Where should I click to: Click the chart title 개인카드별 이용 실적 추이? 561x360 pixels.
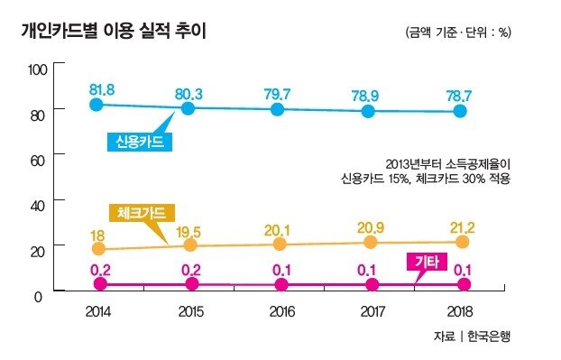click(x=114, y=31)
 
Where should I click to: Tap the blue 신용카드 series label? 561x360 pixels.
click(x=140, y=142)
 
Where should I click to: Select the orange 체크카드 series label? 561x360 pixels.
click(x=142, y=213)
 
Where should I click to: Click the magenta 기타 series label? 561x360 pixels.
click(x=427, y=262)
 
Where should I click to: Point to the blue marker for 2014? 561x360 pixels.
click(x=96, y=105)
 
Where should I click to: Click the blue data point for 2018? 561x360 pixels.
click(x=460, y=111)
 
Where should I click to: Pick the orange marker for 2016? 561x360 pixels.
click(x=280, y=244)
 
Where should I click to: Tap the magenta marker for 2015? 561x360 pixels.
click(x=192, y=284)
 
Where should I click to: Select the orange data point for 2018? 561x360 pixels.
click(x=463, y=242)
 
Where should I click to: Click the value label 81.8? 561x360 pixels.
click(x=102, y=90)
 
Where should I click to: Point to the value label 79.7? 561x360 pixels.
click(x=277, y=94)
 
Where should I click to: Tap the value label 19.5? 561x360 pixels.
click(x=189, y=232)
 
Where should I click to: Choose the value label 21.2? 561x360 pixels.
click(x=463, y=227)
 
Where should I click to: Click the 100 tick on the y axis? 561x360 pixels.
click(x=38, y=69)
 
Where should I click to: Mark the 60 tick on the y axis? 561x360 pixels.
click(x=38, y=161)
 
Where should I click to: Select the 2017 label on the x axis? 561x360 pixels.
click(x=372, y=311)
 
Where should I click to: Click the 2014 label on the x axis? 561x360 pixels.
click(x=98, y=311)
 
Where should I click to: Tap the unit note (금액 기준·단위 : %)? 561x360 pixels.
click(x=458, y=32)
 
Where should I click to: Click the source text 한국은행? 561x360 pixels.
click(x=489, y=336)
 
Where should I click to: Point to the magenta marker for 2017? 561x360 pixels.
click(x=372, y=284)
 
